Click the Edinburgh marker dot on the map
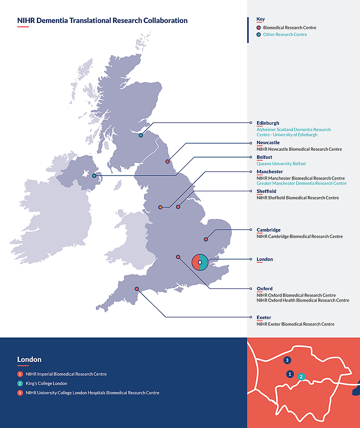pyautogui.click(x=141, y=135)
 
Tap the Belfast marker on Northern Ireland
pyautogui.click(x=94, y=176)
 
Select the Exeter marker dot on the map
pyautogui.click(x=137, y=289)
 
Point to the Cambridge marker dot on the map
pyautogui.click(x=206, y=239)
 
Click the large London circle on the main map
pyautogui.click(x=200, y=262)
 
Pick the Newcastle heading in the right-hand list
pyautogui.click(x=268, y=143)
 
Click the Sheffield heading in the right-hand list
pyautogui.click(x=266, y=191)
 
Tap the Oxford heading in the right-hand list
pyautogui.click(x=265, y=288)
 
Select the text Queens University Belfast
pyautogui.click(x=281, y=164)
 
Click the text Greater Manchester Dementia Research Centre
pyautogui.click(x=301, y=183)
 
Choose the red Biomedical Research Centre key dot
pyautogui.click(x=259, y=28)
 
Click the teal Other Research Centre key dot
pyautogui.click(x=259, y=35)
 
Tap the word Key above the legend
pyautogui.click(x=261, y=19)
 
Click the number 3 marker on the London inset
pyautogui.click(x=287, y=360)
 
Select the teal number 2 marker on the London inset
pyautogui.click(x=301, y=376)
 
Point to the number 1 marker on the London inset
pyautogui.click(x=290, y=374)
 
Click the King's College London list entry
pyautogui.click(x=46, y=383)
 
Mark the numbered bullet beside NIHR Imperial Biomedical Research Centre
pyautogui.click(x=20, y=374)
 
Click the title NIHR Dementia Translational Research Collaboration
pyautogui.click(x=102, y=20)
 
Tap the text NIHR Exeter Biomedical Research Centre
pyautogui.click(x=295, y=324)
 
